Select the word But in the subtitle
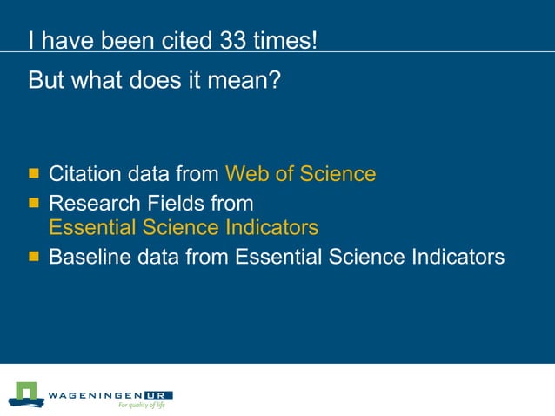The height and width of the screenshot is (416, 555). tap(47, 81)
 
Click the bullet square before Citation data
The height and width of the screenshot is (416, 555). tap(34, 172)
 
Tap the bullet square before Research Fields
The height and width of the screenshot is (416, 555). tap(34, 203)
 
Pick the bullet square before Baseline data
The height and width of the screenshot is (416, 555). tap(34, 256)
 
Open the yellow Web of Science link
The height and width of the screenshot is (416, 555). tap(300, 173)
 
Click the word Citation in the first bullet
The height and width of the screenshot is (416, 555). tap(84, 173)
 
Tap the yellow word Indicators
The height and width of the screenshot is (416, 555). tap(269, 228)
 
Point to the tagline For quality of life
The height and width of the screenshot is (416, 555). tap(142, 406)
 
